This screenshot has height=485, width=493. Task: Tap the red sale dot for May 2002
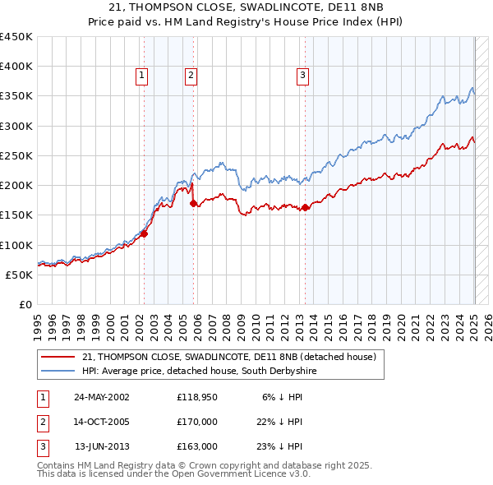coord(144,233)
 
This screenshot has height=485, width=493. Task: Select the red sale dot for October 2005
coord(194,203)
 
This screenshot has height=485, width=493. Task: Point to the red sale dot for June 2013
coord(305,207)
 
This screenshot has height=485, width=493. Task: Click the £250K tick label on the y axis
coord(16,155)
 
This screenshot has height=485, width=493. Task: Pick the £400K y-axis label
coord(16,67)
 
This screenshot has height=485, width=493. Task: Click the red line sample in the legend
coord(58,357)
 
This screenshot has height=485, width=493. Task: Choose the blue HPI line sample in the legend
coord(58,372)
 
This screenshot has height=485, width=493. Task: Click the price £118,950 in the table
coord(197,396)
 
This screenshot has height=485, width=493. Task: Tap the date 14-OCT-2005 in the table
coord(102,422)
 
